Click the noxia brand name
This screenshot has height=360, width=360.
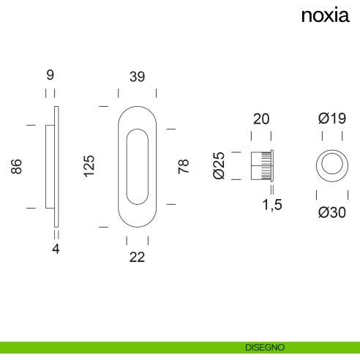(326, 15)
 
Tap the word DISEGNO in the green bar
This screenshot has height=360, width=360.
(265, 348)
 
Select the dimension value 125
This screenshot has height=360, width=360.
(89, 166)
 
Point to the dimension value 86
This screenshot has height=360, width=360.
(16, 166)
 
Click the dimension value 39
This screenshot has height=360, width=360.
(137, 77)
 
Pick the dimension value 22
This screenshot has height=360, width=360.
(137, 257)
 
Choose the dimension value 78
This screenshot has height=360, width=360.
(184, 166)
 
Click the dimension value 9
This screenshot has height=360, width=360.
(50, 75)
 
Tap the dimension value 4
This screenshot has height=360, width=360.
(56, 249)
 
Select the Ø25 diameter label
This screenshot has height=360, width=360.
(219, 165)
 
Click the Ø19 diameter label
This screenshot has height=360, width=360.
(332, 119)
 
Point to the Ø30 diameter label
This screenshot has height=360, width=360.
(332, 212)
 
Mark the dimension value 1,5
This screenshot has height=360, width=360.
(272, 205)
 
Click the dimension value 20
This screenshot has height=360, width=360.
(261, 119)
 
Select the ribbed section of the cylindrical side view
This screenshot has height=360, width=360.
(266, 166)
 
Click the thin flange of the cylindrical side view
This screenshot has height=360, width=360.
(272, 166)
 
